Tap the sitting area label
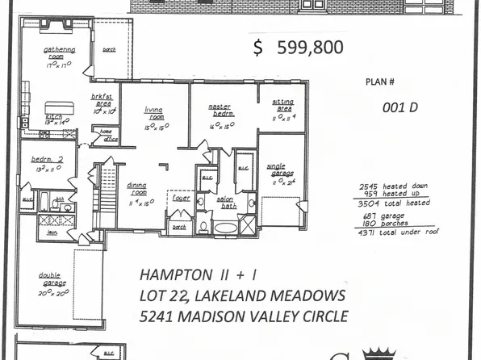coord(282,103)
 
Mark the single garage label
coord(276,170)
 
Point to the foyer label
coord(181,195)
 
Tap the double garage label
coord(50,278)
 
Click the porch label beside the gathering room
coord(109,49)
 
